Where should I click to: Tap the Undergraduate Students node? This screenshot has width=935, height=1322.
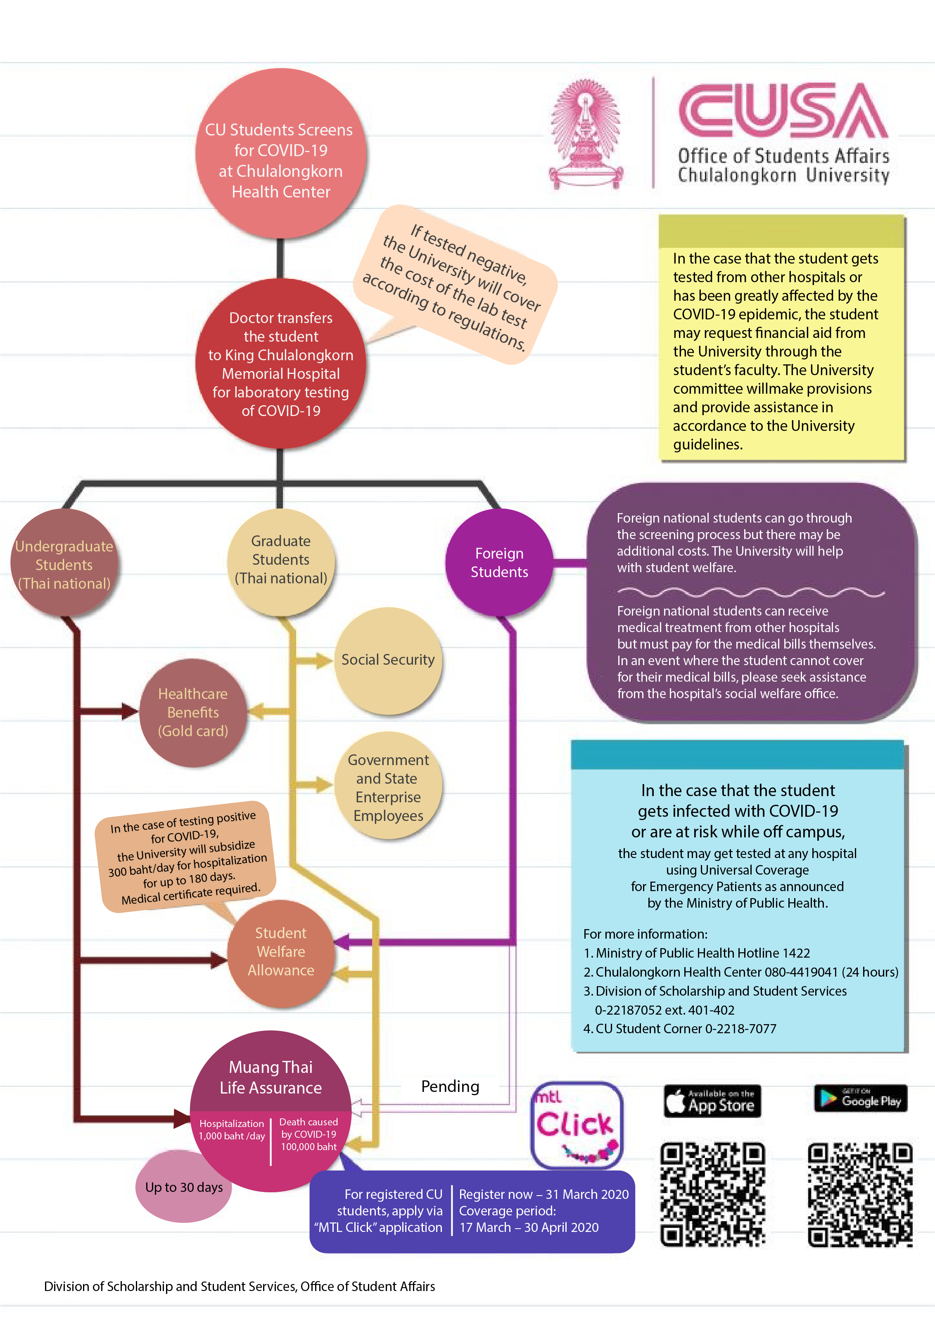coord(64,563)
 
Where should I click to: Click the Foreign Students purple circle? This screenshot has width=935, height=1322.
coord(499,563)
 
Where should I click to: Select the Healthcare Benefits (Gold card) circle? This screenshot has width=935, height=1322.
coord(193,713)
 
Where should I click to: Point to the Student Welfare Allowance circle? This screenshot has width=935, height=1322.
coord(281,953)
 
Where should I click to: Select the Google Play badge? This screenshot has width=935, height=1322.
coord(860,1098)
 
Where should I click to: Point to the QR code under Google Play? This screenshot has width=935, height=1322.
coord(860,1195)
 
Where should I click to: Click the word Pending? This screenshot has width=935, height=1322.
coord(450,1087)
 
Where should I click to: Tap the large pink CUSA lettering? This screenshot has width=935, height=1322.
coord(783,111)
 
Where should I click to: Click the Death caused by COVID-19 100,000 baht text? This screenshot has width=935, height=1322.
coord(309,1134)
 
